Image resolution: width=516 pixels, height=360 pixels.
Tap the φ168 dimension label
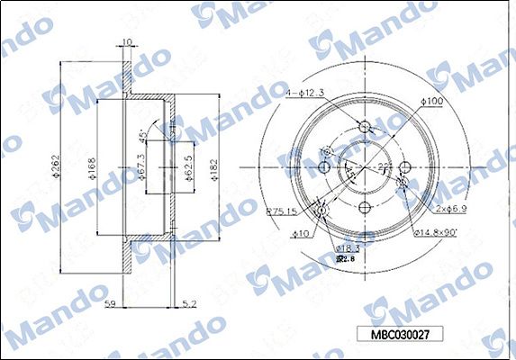[x=92, y=168]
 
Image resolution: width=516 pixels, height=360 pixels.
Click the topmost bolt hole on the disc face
[x=364, y=127]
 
